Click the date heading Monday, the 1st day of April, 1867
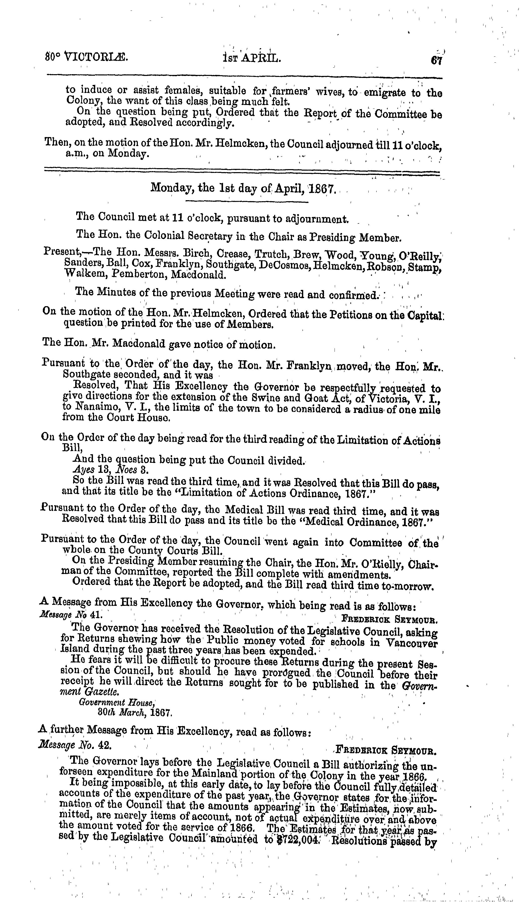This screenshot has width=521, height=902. click(243, 187)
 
